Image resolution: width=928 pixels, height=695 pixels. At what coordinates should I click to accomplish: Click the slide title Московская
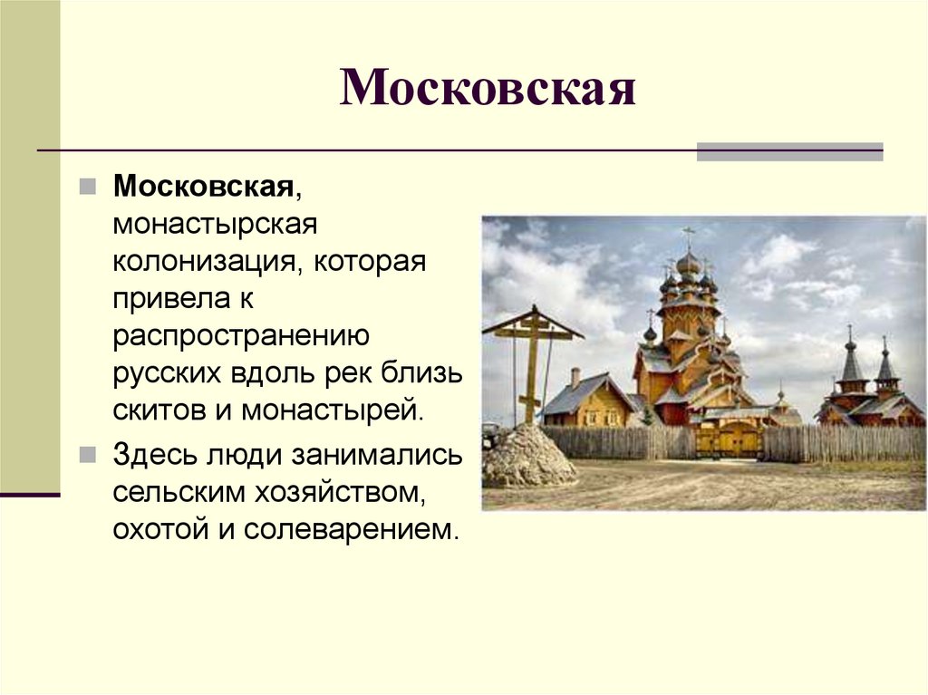[487, 89]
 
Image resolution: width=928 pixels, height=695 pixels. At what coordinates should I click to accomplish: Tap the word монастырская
[214, 224]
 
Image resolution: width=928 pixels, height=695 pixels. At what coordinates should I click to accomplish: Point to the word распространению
[240, 336]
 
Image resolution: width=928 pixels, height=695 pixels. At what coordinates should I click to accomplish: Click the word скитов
[159, 410]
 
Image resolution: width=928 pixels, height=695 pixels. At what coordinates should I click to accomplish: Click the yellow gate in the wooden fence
[729, 439]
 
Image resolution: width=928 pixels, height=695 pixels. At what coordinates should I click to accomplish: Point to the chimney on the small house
[575, 377]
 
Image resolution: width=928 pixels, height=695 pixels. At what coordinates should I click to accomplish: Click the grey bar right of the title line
[789, 152]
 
